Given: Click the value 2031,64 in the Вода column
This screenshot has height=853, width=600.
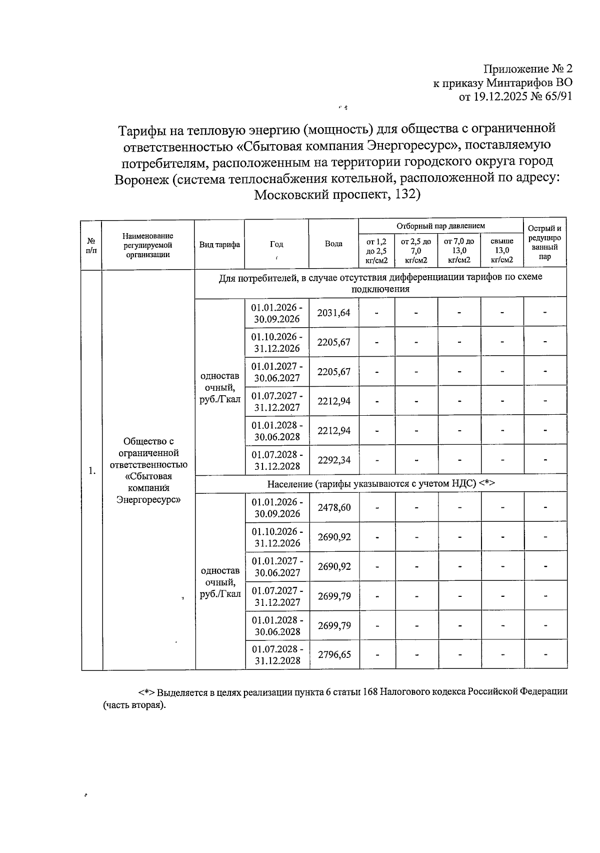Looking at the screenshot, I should [x=333, y=313].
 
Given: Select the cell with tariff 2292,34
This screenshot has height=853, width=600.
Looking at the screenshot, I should [x=333, y=460].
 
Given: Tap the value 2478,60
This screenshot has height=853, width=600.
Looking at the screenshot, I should [x=333, y=507].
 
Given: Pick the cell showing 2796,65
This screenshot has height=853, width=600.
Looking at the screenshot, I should [x=333, y=654].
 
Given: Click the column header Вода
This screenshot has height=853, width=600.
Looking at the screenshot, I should [x=333, y=244].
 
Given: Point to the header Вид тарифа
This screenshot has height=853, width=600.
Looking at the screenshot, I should [x=219, y=244].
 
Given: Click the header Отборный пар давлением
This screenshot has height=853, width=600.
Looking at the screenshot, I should [x=440, y=226].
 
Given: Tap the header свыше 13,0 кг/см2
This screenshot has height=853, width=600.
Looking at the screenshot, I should [x=502, y=250].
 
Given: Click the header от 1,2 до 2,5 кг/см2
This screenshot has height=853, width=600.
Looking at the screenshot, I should [x=376, y=250].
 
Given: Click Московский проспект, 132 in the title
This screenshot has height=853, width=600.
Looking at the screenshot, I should [x=337, y=195].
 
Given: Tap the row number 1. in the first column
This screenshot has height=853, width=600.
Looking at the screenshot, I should [x=92, y=470].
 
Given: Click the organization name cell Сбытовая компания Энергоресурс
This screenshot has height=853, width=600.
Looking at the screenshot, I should [x=148, y=470].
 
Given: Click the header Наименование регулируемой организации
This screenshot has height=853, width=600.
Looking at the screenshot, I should [x=148, y=245].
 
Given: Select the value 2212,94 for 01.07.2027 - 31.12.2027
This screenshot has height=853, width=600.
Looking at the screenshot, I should [x=333, y=401].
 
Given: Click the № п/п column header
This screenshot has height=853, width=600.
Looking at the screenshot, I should [x=91, y=245].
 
